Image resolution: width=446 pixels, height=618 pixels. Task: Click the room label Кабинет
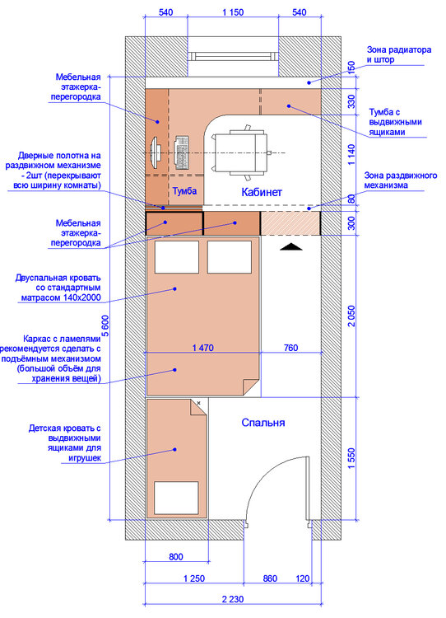pyautogui.click(x=262, y=192)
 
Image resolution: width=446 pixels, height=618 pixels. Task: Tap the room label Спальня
pyautogui.click(x=263, y=423)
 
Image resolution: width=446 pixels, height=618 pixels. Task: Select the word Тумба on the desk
pyautogui.click(x=184, y=191)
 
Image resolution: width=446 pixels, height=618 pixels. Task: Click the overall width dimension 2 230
pyautogui.click(x=233, y=599)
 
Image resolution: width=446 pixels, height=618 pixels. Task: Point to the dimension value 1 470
pyautogui.click(x=203, y=348)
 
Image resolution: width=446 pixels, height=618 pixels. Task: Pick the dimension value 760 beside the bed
pyautogui.click(x=291, y=348)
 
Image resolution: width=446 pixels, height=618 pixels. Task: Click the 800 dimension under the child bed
pyautogui.click(x=176, y=556)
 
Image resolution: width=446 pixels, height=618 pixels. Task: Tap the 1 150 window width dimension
pyautogui.click(x=233, y=12)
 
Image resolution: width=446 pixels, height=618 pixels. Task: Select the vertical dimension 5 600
pyautogui.click(x=105, y=325)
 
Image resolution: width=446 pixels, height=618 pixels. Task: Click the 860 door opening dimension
pyautogui.click(x=270, y=578)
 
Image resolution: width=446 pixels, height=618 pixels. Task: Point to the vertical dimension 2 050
pyautogui.click(x=351, y=316)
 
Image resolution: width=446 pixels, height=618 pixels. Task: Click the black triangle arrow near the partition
pyautogui.click(x=291, y=246)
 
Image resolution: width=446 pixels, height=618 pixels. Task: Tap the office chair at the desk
pyautogui.click(x=241, y=152)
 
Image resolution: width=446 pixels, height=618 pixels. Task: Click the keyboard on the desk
pyautogui.click(x=182, y=153)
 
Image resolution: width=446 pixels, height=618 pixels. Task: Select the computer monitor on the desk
pyautogui.click(x=155, y=153)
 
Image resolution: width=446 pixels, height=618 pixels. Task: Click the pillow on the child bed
pyautogui.click(x=176, y=498)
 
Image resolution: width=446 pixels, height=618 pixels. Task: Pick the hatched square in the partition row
pyautogui.click(x=290, y=223)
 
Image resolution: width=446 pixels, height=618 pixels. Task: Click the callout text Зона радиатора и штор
pyautogui.click(x=399, y=54)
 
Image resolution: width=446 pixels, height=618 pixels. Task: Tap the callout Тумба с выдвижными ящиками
pyautogui.click(x=395, y=122)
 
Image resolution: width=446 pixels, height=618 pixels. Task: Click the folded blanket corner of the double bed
pyautogui.click(x=250, y=386)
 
